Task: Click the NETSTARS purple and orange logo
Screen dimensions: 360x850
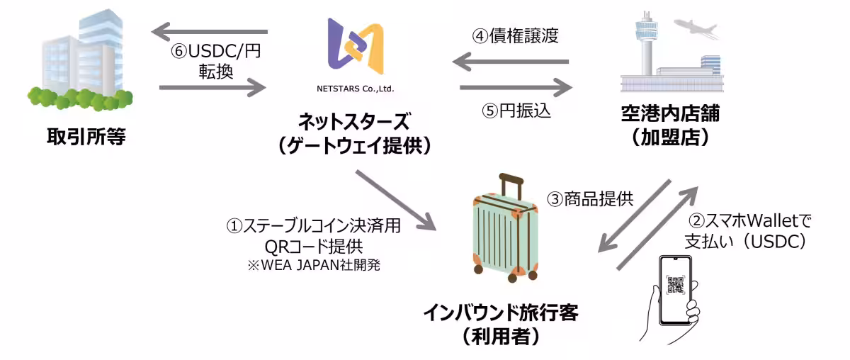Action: coord(355,47)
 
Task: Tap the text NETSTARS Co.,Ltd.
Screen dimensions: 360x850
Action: coord(355,89)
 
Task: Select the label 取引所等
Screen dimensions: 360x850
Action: coord(86,136)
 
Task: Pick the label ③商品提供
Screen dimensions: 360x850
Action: coord(590,199)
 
